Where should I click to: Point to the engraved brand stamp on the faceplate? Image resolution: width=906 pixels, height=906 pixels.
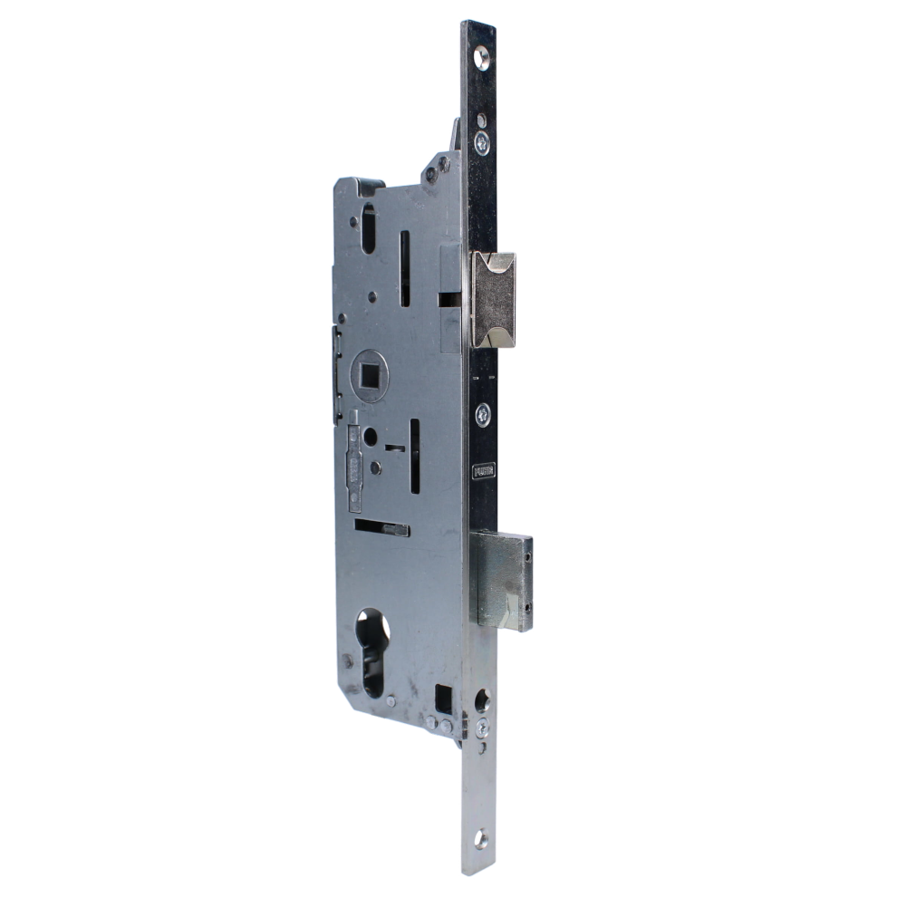[485, 472]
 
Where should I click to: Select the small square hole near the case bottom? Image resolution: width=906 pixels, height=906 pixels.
[443, 698]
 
